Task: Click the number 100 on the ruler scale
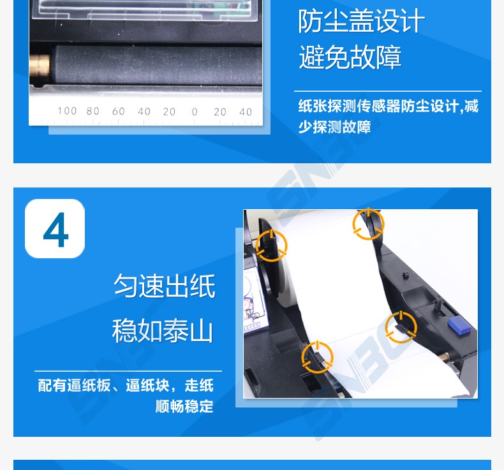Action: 67,111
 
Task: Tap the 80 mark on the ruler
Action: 93,111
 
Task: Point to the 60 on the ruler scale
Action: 118,112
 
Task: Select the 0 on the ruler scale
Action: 195,112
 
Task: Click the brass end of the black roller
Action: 40,66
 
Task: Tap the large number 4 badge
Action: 55,228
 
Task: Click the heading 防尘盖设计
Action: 361,21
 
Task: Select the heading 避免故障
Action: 350,57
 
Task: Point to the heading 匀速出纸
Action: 165,286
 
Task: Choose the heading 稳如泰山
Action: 163,330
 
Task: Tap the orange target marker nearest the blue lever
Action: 401,327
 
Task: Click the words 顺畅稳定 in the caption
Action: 184,406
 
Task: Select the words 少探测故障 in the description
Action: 334,127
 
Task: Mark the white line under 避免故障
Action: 388,91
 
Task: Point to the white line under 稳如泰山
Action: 128,371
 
